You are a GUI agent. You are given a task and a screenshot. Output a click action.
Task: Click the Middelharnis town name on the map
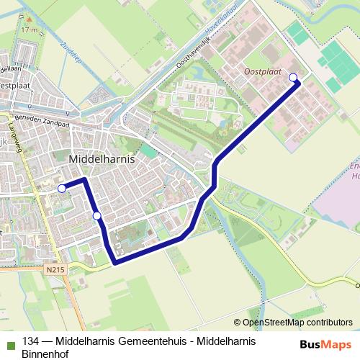click(x=102, y=159)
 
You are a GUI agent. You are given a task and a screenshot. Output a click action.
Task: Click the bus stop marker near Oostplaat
click(x=293, y=78)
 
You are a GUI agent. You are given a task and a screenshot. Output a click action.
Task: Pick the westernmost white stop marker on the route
click(x=62, y=189)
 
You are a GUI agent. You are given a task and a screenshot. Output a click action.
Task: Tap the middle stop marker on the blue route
click(x=96, y=215)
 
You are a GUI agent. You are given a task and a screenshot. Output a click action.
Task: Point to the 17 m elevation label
click(x=29, y=31)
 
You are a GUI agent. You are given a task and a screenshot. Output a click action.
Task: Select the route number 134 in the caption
click(x=30, y=342)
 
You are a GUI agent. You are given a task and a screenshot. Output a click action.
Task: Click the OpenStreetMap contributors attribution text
click(x=293, y=323)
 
